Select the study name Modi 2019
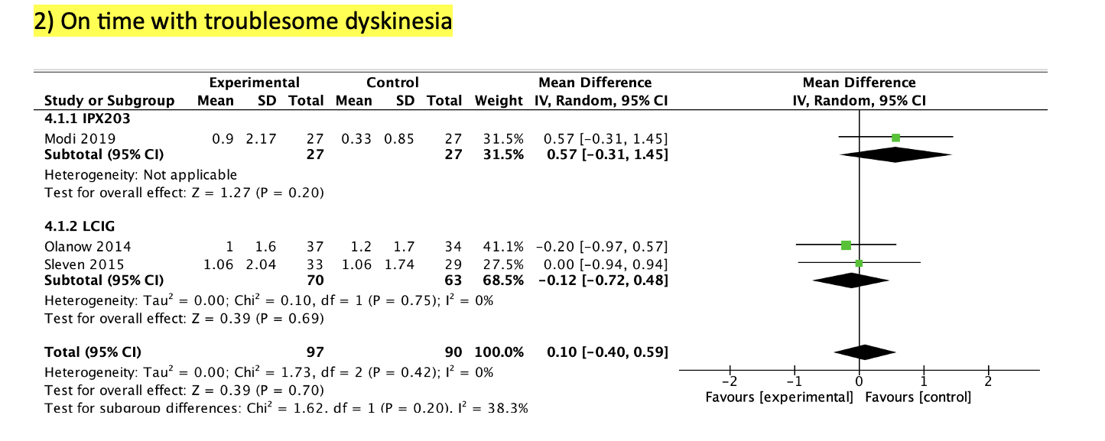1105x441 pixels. tap(80, 138)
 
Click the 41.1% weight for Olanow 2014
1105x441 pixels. tap(505, 246)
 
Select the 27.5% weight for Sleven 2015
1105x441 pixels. tap(505, 264)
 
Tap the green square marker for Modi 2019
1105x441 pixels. tap(895, 138)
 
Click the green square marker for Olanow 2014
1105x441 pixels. tap(846, 245)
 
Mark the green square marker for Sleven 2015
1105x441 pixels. tap(859, 264)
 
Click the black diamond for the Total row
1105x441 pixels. tap(865, 352)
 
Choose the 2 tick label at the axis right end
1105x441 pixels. tap(988, 381)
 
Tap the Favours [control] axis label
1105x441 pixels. tap(918, 397)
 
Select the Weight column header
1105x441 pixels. tap(499, 101)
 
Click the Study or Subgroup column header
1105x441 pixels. tap(109, 101)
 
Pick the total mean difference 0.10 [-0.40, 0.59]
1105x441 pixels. tap(607, 352)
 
